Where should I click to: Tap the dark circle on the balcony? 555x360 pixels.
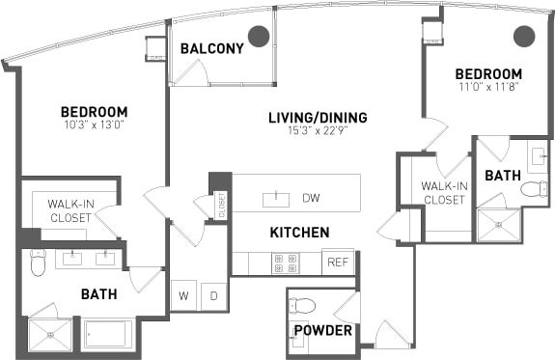(x=258, y=37)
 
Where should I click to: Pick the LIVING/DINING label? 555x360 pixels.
(x=318, y=118)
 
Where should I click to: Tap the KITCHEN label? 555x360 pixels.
(x=299, y=233)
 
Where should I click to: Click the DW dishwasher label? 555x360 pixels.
(x=311, y=199)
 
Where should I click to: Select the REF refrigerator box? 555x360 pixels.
(x=338, y=262)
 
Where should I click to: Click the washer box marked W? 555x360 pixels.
(x=184, y=296)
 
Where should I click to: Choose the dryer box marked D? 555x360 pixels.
(x=213, y=296)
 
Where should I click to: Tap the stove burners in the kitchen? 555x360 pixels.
(x=286, y=262)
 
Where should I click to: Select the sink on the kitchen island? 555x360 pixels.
(x=276, y=199)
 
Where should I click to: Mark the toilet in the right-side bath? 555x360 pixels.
(x=534, y=189)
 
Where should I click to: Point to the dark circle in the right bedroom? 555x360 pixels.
(x=523, y=37)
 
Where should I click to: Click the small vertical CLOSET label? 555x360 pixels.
(x=221, y=204)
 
